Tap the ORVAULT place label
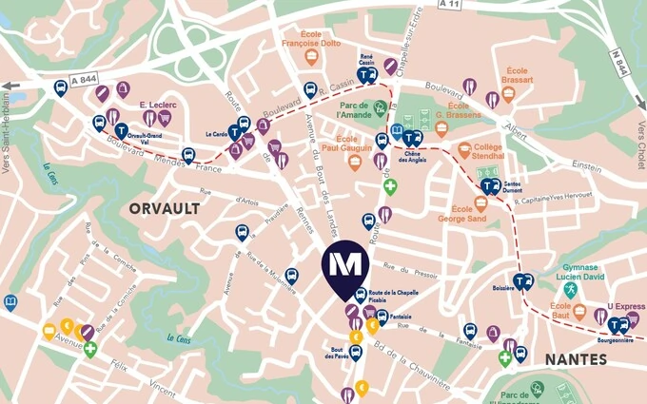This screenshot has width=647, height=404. pos(164,207)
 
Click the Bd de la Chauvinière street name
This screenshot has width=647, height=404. pos(419,356)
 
